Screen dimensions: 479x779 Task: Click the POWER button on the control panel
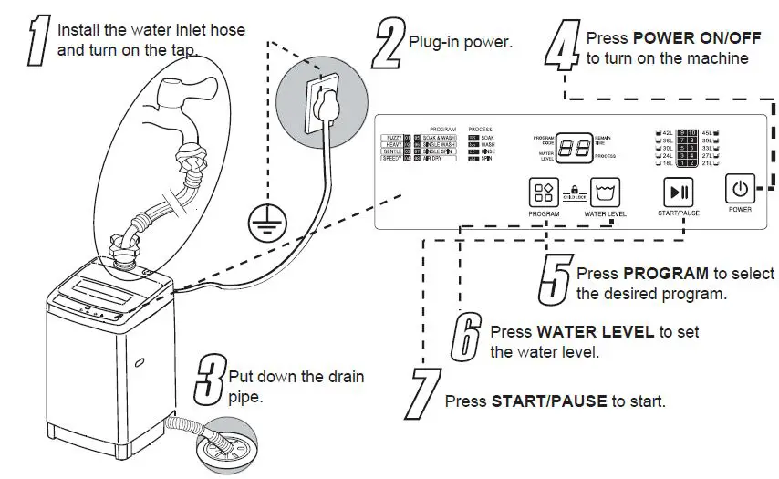[x=740, y=190]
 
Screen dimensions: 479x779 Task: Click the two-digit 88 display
[x=572, y=148]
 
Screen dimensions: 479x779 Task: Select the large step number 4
[x=562, y=47]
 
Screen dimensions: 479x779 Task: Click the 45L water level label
[x=708, y=134]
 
